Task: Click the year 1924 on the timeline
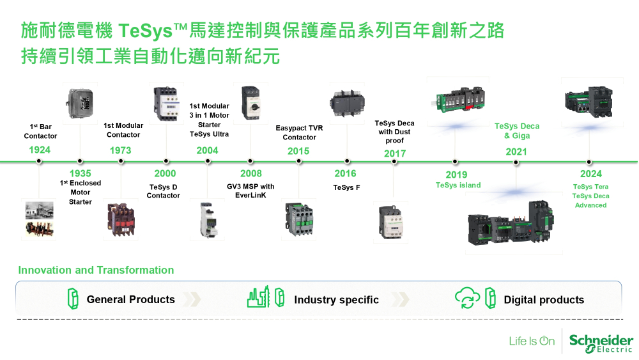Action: tap(40, 150)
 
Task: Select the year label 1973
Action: tap(120, 150)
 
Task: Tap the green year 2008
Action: tap(251, 173)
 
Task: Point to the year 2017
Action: tap(395, 153)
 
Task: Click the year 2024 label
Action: tap(591, 174)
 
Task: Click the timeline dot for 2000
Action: tap(166, 162)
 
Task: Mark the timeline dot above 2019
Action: tap(455, 162)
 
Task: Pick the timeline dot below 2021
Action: tap(516, 162)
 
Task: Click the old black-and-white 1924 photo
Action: tap(40, 219)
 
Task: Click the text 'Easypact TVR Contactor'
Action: tap(299, 132)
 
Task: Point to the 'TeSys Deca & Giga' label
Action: tap(516, 130)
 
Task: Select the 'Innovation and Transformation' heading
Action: tap(96, 270)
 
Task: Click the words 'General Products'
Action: tap(130, 299)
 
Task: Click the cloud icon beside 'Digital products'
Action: tap(467, 299)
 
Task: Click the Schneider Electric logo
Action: tap(601, 341)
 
